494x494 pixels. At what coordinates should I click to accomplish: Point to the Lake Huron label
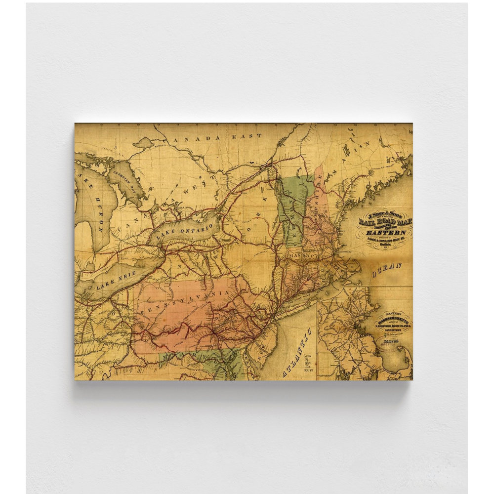tap(95, 207)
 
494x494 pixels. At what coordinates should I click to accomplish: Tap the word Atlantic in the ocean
tap(298, 352)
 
